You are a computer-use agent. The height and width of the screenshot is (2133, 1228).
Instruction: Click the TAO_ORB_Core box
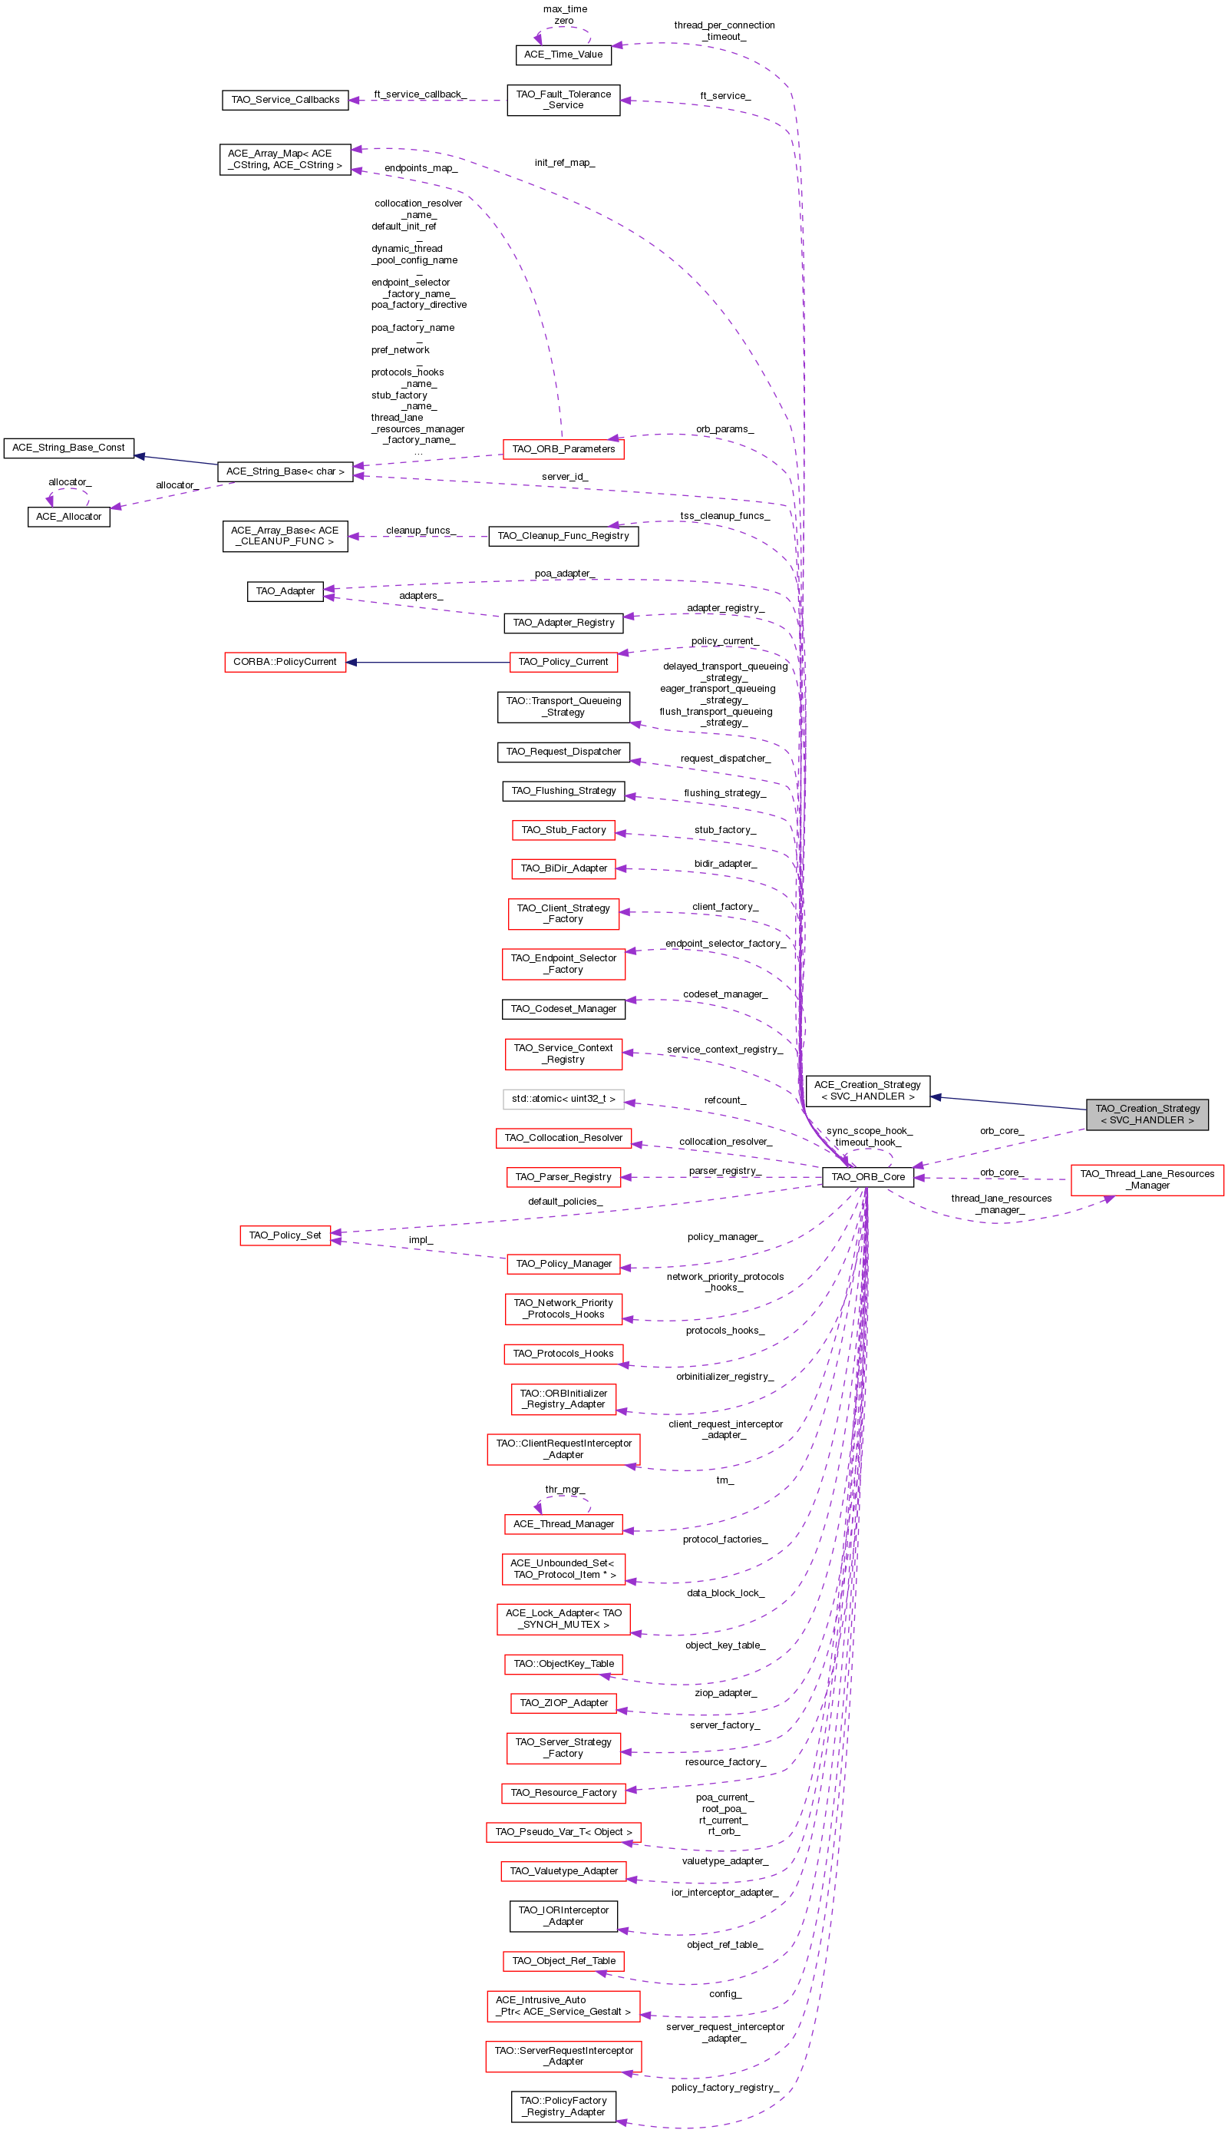click(x=867, y=1176)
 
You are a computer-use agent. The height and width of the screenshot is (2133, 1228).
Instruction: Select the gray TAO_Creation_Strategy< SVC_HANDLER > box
click(x=1147, y=1114)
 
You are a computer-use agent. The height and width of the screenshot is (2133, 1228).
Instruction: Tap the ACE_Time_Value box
click(x=563, y=55)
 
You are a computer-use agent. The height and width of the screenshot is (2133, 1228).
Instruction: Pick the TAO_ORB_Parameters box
click(x=563, y=449)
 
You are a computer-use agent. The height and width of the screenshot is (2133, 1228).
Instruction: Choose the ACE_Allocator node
click(x=68, y=517)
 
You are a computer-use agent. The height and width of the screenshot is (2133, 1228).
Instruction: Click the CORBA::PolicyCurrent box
click(x=284, y=662)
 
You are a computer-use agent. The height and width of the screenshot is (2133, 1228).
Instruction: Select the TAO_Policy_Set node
click(x=285, y=1235)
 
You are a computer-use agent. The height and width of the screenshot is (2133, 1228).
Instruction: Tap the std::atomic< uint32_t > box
click(x=563, y=1099)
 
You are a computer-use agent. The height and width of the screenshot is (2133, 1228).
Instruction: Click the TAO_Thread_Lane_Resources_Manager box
click(x=1147, y=1179)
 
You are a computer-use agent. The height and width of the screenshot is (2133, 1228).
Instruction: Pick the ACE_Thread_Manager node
click(x=563, y=1524)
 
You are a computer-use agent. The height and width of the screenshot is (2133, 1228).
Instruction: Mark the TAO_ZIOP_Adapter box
click(x=563, y=1703)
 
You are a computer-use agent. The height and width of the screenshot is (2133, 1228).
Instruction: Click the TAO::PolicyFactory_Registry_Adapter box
click(x=563, y=2106)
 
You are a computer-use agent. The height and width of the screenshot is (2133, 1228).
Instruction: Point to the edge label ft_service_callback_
click(x=419, y=94)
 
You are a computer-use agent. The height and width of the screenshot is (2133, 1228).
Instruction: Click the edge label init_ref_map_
click(x=564, y=163)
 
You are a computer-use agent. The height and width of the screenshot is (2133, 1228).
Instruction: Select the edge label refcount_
click(x=725, y=1100)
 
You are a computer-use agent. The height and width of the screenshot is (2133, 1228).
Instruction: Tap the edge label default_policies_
click(x=565, y=1202)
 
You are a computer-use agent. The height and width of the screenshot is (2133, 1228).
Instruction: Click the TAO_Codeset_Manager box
click(x=563, y=1008)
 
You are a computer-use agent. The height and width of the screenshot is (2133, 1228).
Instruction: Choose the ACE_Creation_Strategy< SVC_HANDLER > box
click(x=867, y=1090)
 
